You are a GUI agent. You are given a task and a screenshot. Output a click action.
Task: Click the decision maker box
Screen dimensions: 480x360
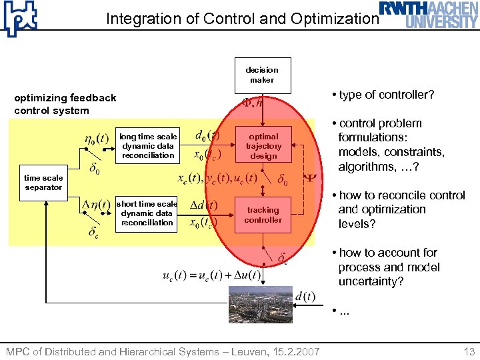pos(262,75)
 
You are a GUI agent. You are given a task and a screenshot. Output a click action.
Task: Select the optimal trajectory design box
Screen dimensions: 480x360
pos(263,146)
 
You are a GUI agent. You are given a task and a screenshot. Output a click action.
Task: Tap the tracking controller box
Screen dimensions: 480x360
pos(263,215)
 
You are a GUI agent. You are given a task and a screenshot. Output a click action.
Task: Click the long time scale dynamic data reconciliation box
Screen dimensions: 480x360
pos(148,146)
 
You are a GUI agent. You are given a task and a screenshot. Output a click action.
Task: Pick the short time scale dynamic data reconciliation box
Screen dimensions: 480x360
pos(147,213)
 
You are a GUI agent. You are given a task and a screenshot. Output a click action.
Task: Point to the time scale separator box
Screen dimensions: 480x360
pos(43,183)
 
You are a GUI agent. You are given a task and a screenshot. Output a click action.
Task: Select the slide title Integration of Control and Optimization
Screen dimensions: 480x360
pos(242,19)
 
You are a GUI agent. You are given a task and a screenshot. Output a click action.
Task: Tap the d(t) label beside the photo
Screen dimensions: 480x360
pos(305,296)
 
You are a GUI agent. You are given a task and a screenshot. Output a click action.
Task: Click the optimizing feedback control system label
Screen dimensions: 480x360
pos(65,104)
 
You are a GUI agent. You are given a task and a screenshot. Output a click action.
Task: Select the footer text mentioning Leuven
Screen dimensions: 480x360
pos(163,351)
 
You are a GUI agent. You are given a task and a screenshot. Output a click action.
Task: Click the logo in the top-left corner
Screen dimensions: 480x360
pos(20,19)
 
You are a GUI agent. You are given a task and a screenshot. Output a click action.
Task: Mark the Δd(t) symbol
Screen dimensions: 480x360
pos(201,204)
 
